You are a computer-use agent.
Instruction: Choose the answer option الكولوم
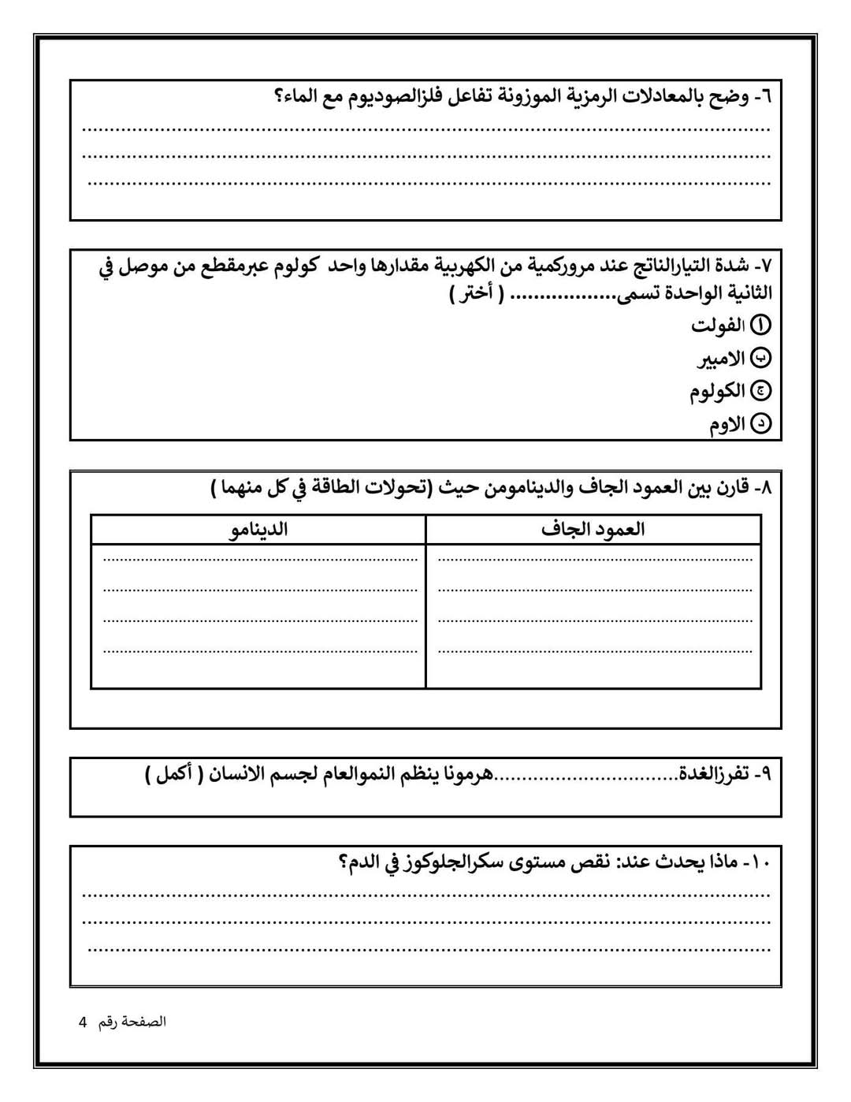pyautogui.click(x=718, y=392)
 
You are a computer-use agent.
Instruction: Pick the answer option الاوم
pyautogui.click(x=727, y=425)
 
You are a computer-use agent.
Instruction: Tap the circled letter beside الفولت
pyautogui.click(x=763, y=325)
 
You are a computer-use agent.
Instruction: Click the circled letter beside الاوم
pyautogui.click(x=763, y=425)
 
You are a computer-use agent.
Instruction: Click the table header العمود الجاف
pyautogui.click(x=593, y=529)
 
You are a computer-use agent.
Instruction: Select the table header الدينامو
pyautogui.click(x=258, y=529)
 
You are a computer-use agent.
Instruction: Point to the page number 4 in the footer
pyautogui.click(x=83, y=1022)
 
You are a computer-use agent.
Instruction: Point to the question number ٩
pyautogui.click(x=765, y=774)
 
